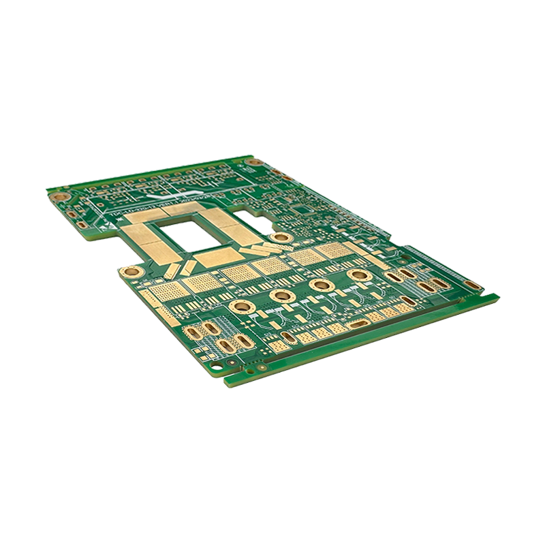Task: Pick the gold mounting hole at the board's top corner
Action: (x=255, y=162)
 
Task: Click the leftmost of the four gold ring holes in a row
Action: (x=240, y=306)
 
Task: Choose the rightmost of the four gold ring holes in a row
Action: (x=357, y=275)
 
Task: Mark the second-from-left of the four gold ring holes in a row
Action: (x=280, y=295)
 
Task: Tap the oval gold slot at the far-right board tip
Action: (x=472, y=284)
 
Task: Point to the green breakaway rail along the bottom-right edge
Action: (x=368, y=341)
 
